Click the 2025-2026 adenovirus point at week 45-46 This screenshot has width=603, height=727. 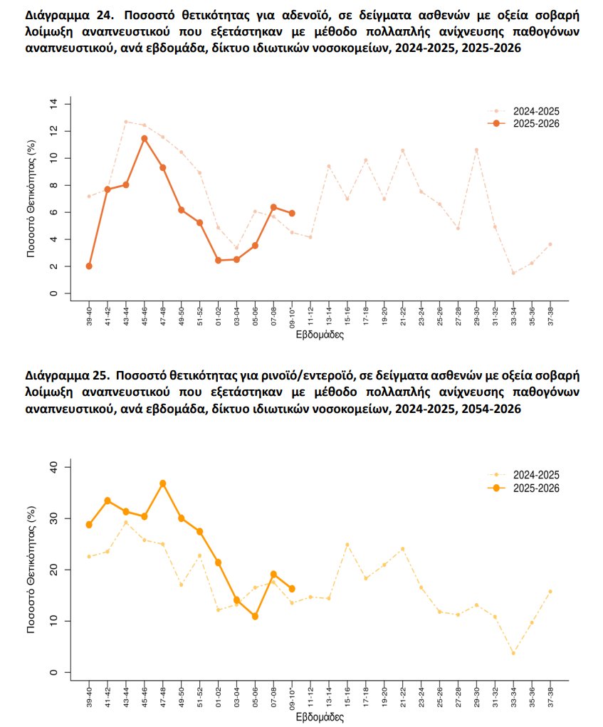click(x=145, y=139)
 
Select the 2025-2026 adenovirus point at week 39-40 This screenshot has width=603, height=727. click(x=89, y=266)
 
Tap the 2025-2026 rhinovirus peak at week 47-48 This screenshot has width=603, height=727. click(x=163, y=483)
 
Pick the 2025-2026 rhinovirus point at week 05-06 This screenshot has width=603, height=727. click(x=255, y=617)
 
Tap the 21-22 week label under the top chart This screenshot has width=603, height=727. click(x=403, y=315)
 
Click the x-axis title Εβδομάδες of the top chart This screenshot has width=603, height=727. click(x=320, y=335)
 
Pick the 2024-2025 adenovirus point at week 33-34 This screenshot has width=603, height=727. click(x=513, y=273)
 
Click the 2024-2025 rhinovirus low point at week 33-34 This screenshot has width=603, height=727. click(x=513, y=653)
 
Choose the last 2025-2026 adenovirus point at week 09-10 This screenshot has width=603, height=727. click(x=292, y=213)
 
